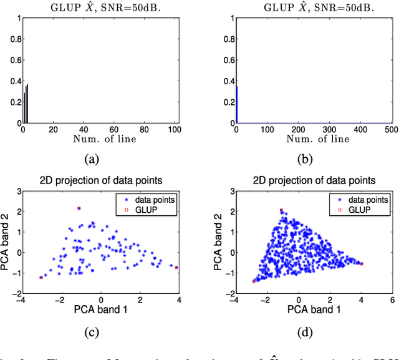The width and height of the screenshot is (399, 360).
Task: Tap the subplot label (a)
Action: [92, 158]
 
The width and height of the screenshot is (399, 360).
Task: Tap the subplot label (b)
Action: [304, 158]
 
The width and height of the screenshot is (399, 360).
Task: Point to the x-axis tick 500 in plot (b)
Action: [388, 129]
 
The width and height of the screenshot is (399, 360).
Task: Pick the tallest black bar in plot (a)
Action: [27, 104]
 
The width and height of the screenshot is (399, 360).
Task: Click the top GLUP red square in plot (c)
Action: [79, 208]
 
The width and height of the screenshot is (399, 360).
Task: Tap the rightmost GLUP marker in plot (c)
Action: [176, 267]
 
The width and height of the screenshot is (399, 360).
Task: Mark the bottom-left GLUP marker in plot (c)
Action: [41, 278]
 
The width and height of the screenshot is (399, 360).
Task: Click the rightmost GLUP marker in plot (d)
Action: [362, 264]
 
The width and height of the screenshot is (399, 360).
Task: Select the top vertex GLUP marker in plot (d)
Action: [282, 210]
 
